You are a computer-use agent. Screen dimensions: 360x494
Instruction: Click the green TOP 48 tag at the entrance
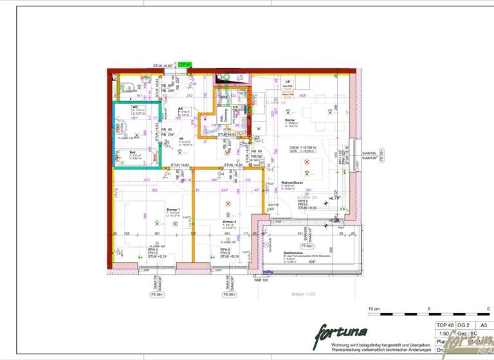tap(185, 64)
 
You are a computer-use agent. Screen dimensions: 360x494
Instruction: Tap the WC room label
tap(135, 107)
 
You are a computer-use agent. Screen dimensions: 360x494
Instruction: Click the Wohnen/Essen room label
tap(291, 183)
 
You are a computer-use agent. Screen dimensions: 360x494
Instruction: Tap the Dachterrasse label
tap(293, 253)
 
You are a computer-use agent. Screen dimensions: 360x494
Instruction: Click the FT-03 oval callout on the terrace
tap(307, 246)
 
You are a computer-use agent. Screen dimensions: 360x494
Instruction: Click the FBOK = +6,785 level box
tap(302, 149)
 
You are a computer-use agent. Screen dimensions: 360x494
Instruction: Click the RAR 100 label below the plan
tap(261, 280)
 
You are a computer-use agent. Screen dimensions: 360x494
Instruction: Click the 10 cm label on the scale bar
tap(374, 309)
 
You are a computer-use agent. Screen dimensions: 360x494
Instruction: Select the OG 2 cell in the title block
tap(462, 326)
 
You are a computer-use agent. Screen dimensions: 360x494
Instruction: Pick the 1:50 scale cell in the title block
tap(443, 334)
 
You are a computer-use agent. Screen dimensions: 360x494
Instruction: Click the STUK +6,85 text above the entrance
tap(163, 66)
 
